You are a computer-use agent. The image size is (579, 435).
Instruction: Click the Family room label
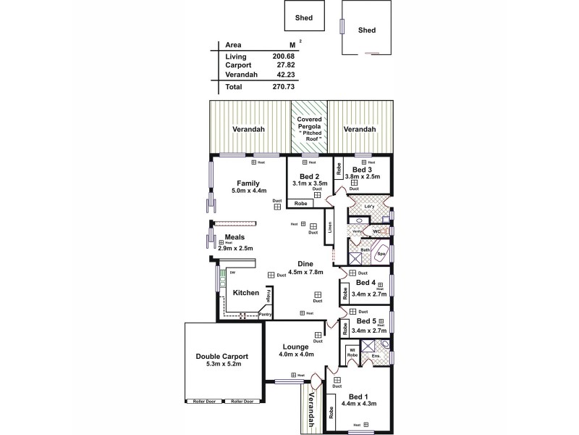point(248,183)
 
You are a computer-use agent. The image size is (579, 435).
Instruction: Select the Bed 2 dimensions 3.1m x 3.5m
point(309,184)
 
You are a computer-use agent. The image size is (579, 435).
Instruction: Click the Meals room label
point(234,237)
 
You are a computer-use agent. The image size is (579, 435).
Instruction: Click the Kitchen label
point(246,292)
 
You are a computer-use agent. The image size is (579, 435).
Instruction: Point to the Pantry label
point(265,314)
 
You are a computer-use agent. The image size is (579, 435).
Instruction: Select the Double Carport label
point(222,356)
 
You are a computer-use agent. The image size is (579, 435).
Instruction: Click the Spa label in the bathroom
point(380,254)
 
